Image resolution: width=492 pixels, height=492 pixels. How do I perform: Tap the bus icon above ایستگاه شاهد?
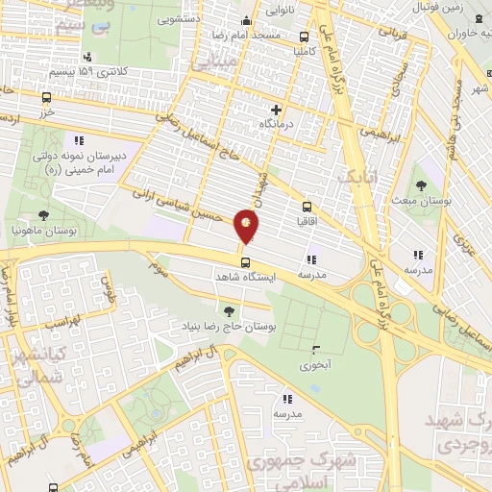tap(246, 260)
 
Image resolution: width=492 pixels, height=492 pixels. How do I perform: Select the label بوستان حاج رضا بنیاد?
tap(228, 327)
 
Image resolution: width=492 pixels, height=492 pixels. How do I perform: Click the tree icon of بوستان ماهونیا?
tap(42, 215)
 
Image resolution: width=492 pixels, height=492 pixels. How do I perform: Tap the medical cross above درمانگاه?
tap(277, 110)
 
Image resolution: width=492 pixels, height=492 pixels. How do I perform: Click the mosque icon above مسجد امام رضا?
tap(247, 21)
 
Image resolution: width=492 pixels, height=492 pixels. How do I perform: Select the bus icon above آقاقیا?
tap(307, 206)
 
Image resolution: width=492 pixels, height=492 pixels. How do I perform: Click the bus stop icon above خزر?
tap(47, 97)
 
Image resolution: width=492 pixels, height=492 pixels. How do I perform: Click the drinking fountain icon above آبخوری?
tap(316, 349)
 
